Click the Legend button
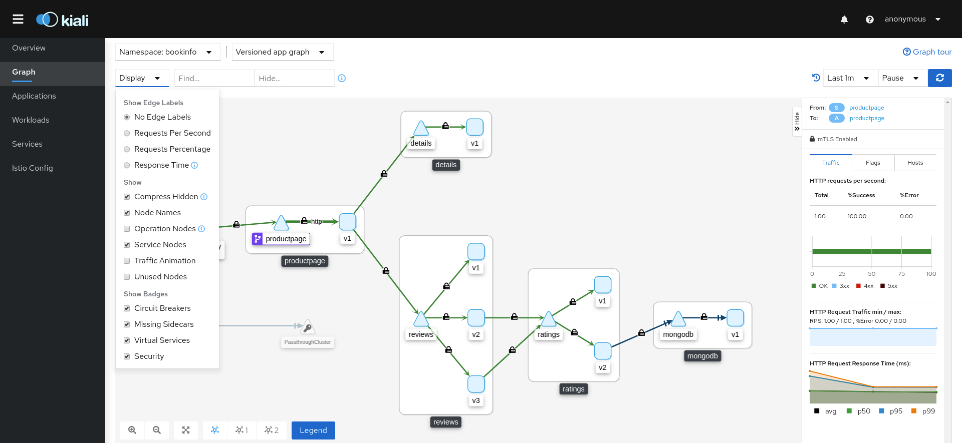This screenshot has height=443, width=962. pyautogui.click(x=313, y=430)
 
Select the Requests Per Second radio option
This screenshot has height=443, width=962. pyautogui.click(x=127, y=133)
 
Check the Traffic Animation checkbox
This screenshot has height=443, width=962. pyautogui.click(x=127, y=261)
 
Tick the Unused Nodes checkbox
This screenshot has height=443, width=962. pyautogui.click(x=127, y=277)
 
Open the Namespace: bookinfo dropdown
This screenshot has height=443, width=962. pyautogui.click(x=168, y=52)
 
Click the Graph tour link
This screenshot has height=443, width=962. pyautogui.click(x=927, y=52)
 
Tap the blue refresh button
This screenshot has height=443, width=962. pyautogui.click(x=940, y=78)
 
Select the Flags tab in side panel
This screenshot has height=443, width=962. pyautogui.click(x=873, y=163)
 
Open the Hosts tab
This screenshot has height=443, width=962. pyautogui.click(x=915, y=163)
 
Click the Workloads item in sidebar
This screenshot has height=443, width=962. pyautogui.click(x=31, y=120)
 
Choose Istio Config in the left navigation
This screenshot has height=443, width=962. pyautogui.click(x=33, y=168)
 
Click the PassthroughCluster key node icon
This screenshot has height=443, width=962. pyautogui.click(x=308, y=327)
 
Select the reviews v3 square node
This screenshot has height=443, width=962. pyautogui.click(x=476, y=384)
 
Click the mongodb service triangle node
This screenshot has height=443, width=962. pyautogui.click(x=678, y=319)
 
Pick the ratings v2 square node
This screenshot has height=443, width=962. pyautogui.click(x=602, y=351)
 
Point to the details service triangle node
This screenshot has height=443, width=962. pyautogui.click(x=421, y=128)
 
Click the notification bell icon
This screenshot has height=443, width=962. pyautogui.click(x=844, y=20)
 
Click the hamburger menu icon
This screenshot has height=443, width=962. pyautogui.click(x=18, y=19)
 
